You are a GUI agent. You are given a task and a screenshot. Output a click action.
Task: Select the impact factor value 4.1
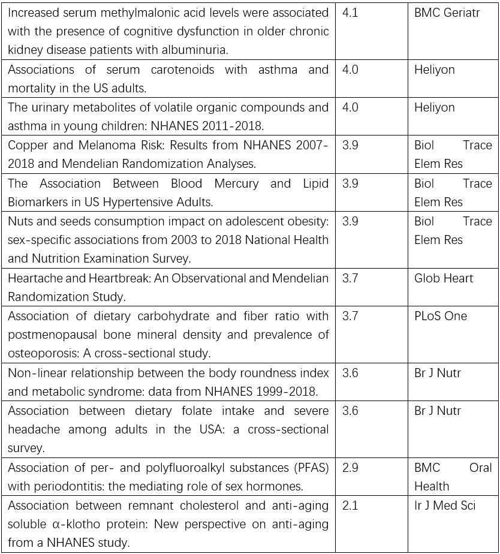(350, 13)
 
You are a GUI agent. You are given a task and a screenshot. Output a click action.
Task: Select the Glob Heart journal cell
(443, 278)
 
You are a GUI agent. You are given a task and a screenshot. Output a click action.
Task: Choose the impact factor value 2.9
(350, 468)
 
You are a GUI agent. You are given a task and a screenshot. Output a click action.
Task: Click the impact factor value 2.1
(350, 505)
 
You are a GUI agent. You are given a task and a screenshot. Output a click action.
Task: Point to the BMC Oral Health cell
(453, 477)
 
